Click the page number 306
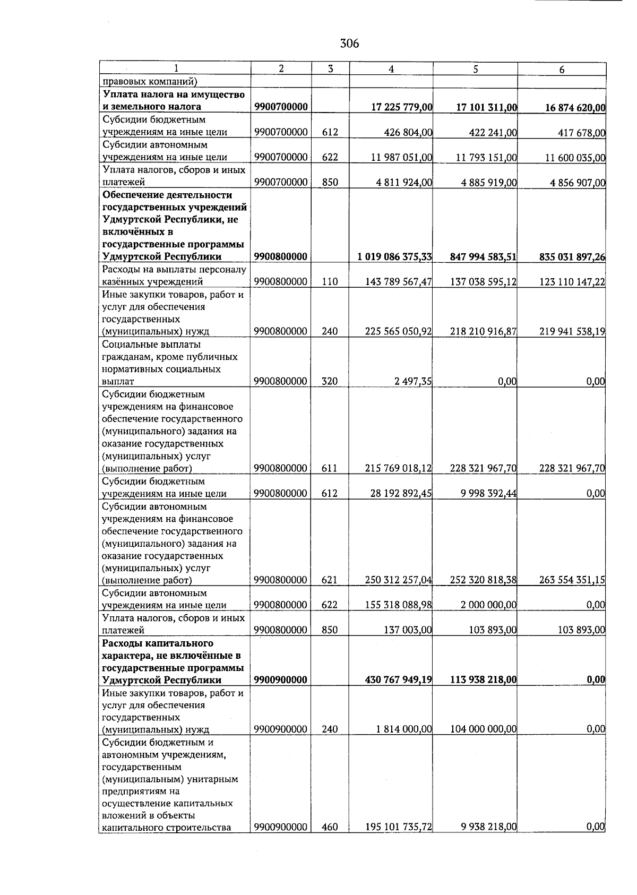tap(349, 44)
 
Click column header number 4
tap(391, 69)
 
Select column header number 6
tap(562, 70)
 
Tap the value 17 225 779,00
tap(402, 107)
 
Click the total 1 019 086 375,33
tap(394, 257)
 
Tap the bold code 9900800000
tap(281, 257)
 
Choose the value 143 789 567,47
tap(398, 282)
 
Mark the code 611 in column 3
tap(330, 468)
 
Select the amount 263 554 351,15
tap(572, 580)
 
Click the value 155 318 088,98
tap(398, 605)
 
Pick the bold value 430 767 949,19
tap(398, 680)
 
